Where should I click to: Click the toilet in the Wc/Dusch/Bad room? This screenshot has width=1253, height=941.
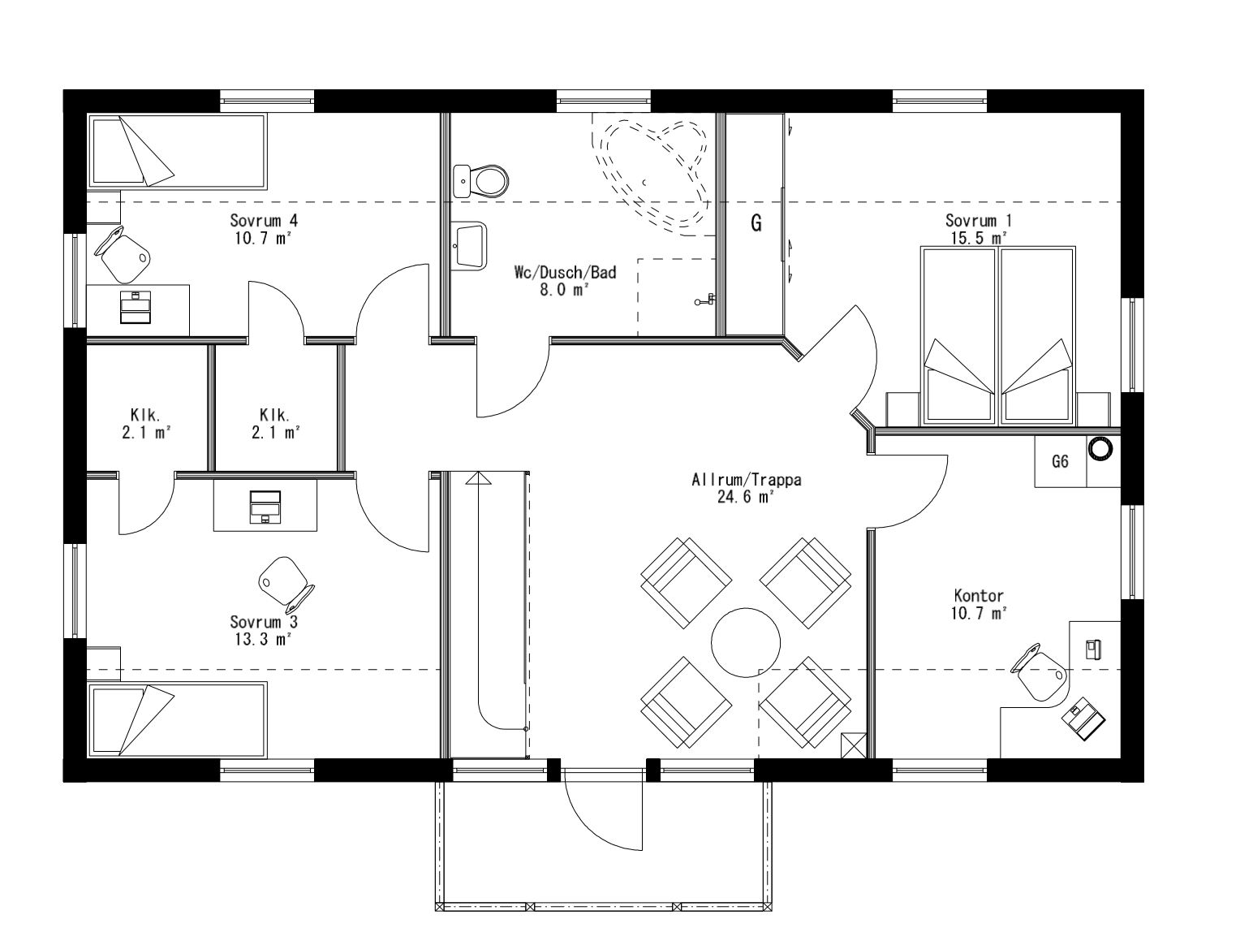(x=484, y=179)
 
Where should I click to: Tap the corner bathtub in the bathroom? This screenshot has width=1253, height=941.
(x=654, y=171)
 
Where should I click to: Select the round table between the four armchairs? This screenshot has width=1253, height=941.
(x=746, y=642)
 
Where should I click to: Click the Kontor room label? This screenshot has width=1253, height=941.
(x=979, y=596)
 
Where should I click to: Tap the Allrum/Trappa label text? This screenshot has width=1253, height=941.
(x=746, y=480)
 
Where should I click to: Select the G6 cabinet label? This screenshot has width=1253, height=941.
(x=1060, y=462)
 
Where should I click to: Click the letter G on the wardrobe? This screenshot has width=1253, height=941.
(x=756, y=223)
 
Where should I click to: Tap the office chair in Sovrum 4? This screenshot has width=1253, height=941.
(x=124, y=253)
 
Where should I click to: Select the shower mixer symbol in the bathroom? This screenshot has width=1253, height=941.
(x=704, y=300)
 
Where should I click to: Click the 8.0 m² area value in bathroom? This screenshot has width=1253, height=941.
(x=565, y=290)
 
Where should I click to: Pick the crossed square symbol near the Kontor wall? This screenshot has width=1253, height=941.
(x=855, y=745)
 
